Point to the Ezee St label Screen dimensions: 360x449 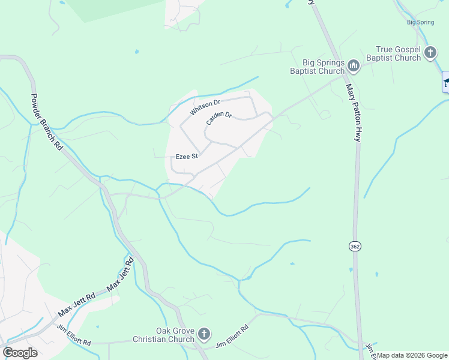click(x=186, y=157)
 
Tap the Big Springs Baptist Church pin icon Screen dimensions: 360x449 click(x=354, y=65)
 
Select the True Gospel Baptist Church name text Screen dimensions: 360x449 click(x=398, y=53)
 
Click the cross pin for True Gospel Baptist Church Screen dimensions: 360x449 click(x=430, y=53)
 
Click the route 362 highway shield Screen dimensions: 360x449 click(x=354, y=246)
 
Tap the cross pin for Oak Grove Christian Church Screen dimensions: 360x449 click(x=204, y=334)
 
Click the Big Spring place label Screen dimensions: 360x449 click(x=420, y=22)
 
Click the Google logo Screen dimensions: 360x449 click(x=20, y=352)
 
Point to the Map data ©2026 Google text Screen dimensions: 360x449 click(x=412, y=355)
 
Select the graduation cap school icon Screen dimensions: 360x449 click(x=446, y=82)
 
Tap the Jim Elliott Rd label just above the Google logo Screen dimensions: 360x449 click(x=73, y=335)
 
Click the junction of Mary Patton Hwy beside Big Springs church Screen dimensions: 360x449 click(x=345, y=76)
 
